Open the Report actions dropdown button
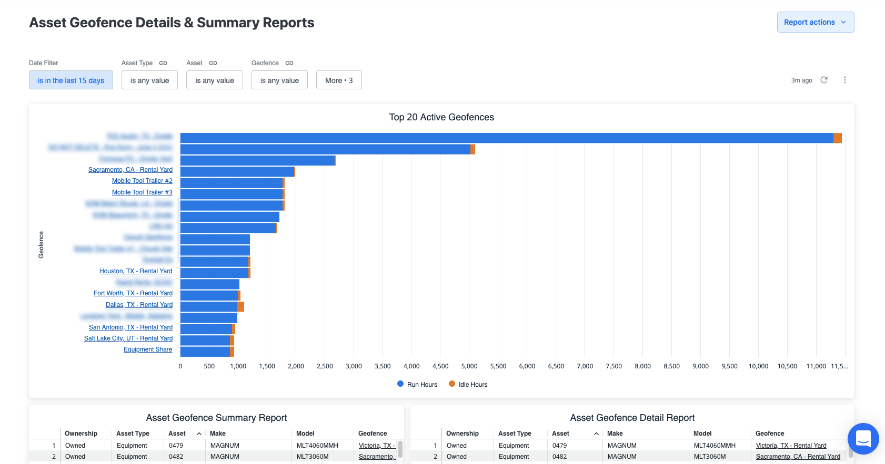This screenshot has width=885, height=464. pos(815,22)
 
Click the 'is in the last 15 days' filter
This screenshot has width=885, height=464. pos(71,80)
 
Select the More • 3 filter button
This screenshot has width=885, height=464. pos(339,80)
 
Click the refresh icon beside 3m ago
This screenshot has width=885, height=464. pos(824,80)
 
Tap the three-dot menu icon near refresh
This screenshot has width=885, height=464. pos(845,80)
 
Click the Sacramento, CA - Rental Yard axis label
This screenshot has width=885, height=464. pos(130,170)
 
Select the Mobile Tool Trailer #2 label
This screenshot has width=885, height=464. pos(142,181)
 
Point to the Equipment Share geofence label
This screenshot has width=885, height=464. pos(148,349)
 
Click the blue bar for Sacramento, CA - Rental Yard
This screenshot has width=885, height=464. pos(237,172)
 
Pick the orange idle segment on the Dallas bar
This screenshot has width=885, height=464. pos(241,306)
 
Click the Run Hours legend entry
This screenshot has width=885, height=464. pos(417,385)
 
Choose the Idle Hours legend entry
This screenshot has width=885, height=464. pos(468,385)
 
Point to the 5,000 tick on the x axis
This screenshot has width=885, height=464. pos(469,366)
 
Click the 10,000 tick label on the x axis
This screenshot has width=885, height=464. pos(758,366)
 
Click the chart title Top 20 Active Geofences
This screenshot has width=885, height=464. pos(441,117)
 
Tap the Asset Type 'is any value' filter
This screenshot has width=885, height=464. pos(149,80)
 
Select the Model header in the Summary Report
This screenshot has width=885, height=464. pos(305,434)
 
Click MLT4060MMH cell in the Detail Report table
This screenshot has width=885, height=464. pos(715,446)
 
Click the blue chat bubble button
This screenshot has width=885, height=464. pos(863,438)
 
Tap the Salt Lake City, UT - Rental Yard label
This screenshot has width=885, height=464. pos(128,338)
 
